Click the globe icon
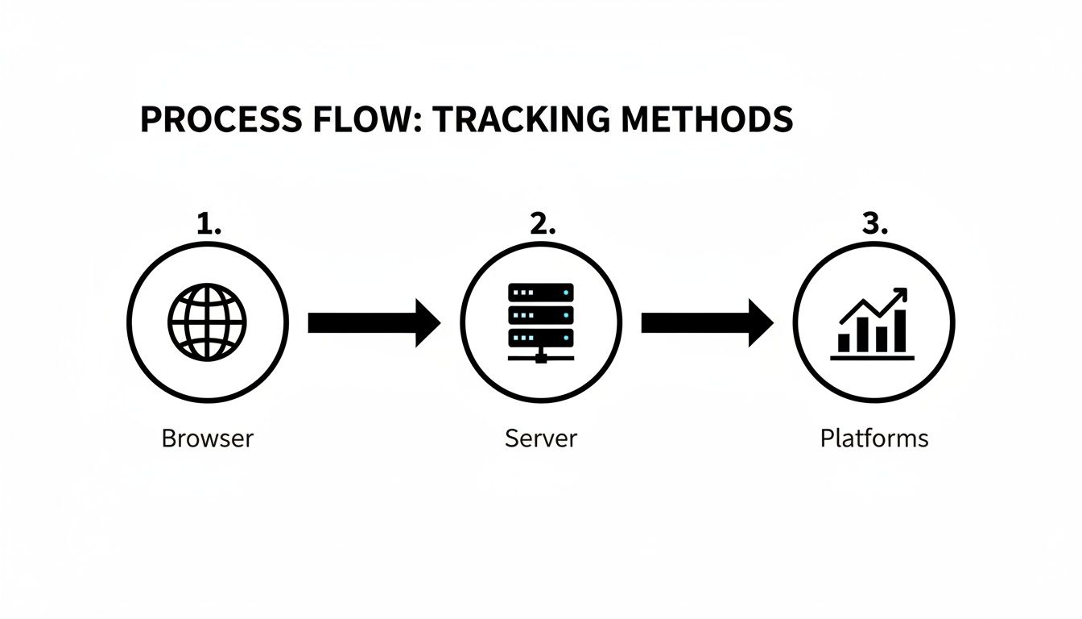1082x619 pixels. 208,322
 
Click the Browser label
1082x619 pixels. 208,438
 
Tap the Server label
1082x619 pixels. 541,438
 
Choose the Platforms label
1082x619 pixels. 874,438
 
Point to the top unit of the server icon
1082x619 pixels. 541,292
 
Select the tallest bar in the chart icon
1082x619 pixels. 899,331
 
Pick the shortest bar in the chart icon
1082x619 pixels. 844,343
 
